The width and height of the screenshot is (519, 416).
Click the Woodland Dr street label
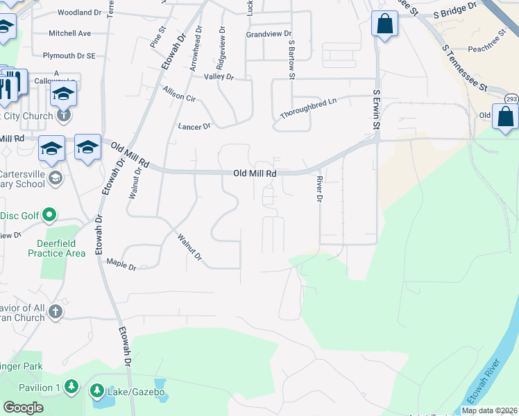(x=80, y=12)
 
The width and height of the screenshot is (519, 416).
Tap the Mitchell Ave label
(x=70, y=33)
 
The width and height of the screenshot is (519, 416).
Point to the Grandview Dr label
(x=269, y=33)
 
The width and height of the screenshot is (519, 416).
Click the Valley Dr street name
(x=219, y=77)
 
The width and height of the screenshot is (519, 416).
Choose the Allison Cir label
(x=179, y=95)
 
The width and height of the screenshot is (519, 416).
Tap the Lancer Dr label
(x=194, y=127)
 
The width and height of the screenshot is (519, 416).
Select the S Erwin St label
(x=377, y=110)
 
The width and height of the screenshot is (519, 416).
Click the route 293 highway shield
(x=511, y=98)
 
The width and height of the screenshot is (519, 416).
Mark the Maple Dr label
(x=121, y=264)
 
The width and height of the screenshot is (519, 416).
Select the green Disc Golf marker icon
(x=49, y=216)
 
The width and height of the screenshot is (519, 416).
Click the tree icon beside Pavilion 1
(x=71, y=386)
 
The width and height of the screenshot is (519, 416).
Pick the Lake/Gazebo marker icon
(x=96, y=392)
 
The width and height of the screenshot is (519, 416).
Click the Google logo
(x=24, y=408)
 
